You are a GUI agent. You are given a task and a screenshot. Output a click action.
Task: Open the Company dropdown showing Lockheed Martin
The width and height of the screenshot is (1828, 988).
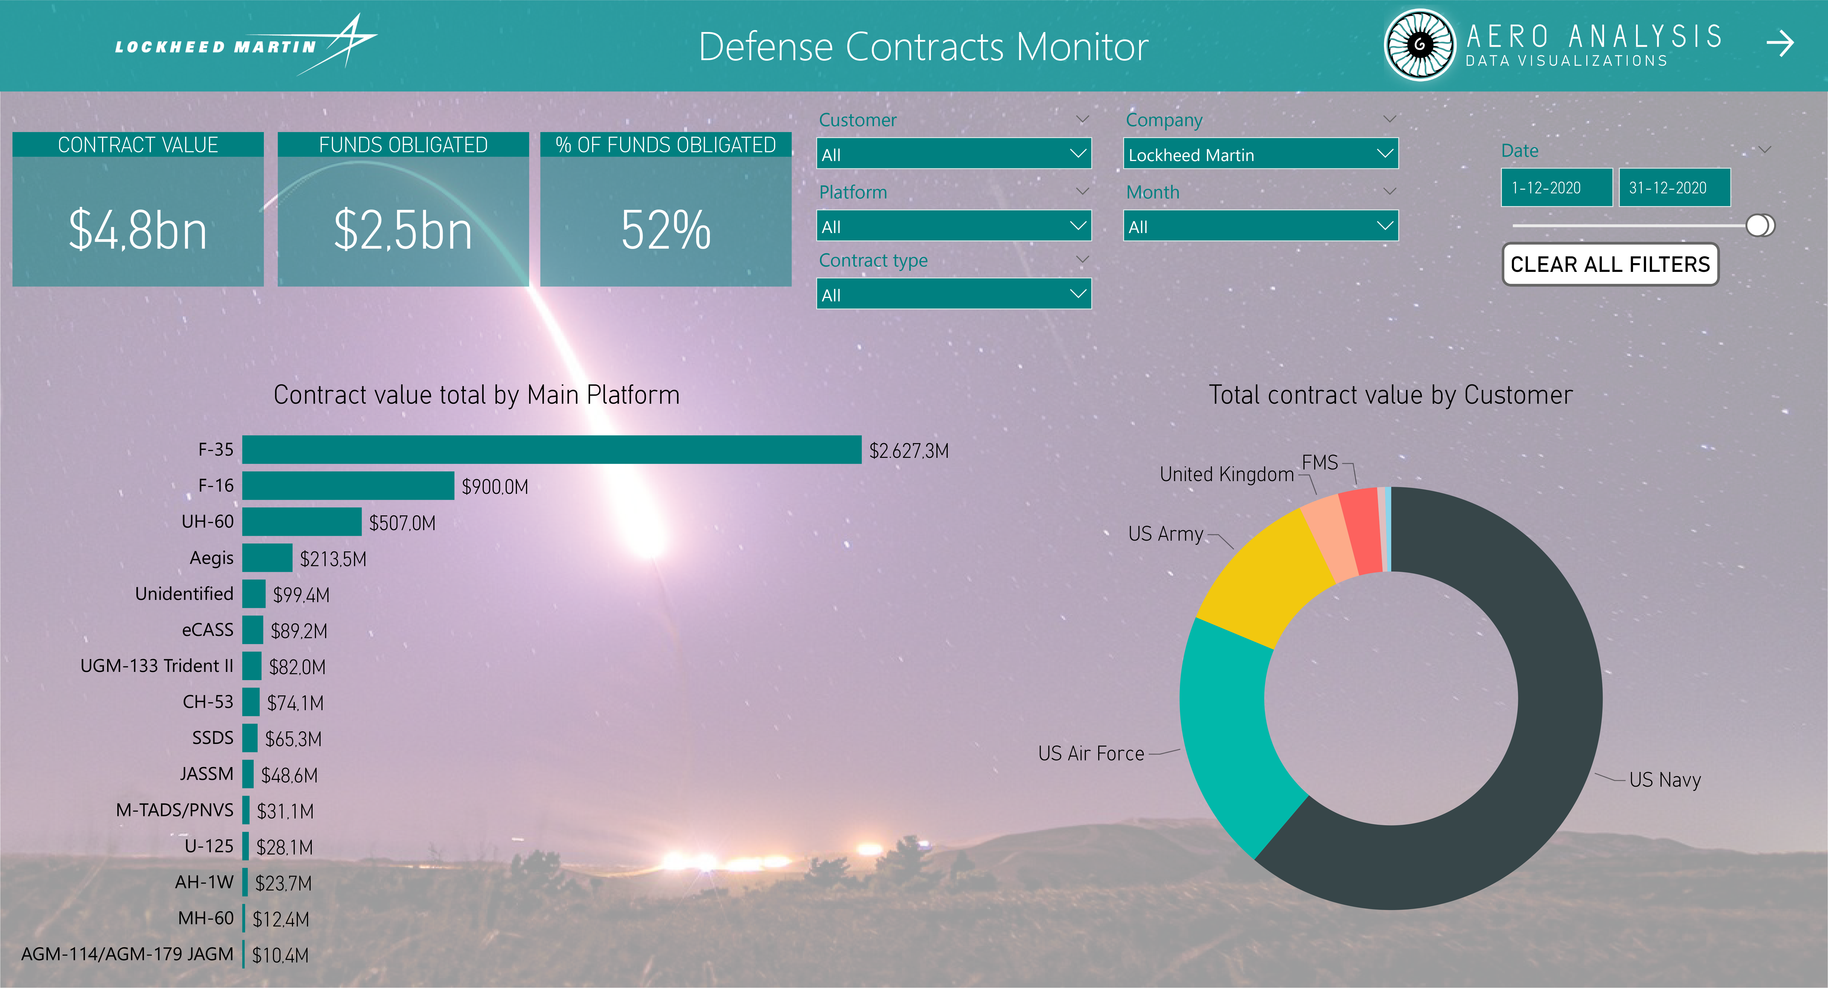[1260, 154]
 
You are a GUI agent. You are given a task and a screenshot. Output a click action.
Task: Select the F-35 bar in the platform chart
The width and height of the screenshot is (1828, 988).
[552, 449]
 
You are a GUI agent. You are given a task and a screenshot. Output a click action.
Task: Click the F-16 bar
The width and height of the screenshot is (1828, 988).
[348, 485]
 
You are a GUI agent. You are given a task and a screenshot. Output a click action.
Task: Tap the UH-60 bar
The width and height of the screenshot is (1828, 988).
[302, 522]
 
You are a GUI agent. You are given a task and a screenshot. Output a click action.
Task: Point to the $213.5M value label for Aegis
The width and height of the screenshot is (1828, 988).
[333, 559]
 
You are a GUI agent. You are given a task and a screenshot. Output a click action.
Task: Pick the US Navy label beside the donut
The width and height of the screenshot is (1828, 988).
[1665, 779]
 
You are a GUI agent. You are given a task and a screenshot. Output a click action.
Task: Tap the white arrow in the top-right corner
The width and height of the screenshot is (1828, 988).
[1780, 43]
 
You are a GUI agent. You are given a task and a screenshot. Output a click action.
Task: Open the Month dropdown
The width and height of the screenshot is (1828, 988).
[1260, 227]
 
